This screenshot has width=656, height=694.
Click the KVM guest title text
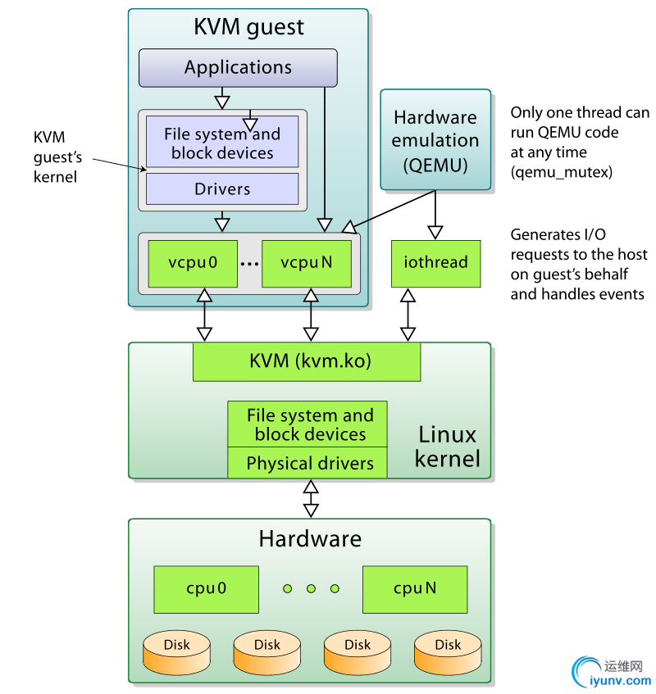pyautogui.click(x=248, y=27)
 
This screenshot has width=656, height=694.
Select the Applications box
pyautogui.click(x=238, y=68)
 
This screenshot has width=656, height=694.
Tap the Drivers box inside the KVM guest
pyautogui.click(x=222, y=189)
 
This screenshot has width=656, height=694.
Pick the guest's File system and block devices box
pyautogui.click(x=222, y=143)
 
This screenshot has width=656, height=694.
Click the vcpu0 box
pyautogui.click(x=193, y=263)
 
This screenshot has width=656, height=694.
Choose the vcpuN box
pyautogui.click(x=307, y=263)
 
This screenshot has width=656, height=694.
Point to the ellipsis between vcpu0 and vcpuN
pyautogui.click(x=250, y=264)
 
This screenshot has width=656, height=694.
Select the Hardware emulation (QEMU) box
pyautogui.click(x=435, y=141)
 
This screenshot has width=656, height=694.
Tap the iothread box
pyautogui.click(x=435, y=263)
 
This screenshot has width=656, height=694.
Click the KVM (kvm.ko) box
pyautogui.click(x=307, y=361)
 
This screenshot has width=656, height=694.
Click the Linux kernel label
pyautogui.click(x=447, y=447)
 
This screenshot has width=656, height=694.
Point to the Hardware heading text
pyautogui.click(x=310, y=538)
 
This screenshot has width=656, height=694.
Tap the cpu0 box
pyautogui.click(x=206, y=589)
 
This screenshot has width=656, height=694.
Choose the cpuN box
pyautogui.click(x=415, y=589)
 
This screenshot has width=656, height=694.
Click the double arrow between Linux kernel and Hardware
pyautogui.click(x=310, y=498)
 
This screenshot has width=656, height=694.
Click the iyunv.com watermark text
pyautogui.click(x=620, y=680)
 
